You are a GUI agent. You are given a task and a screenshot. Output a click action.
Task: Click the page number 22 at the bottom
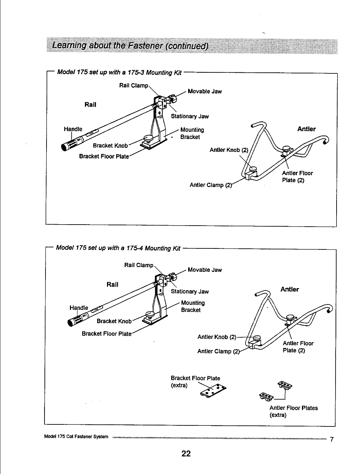[186, 454]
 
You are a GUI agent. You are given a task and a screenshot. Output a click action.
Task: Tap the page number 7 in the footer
[332, 439]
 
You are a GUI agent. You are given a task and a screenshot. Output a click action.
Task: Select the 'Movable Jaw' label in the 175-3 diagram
[204, 91]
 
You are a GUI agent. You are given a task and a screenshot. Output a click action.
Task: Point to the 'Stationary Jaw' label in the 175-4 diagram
[190, 292]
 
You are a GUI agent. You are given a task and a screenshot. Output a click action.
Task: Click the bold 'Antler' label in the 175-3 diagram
[306, 129]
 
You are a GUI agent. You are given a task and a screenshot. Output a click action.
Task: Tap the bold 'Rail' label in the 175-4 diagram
[112, 284]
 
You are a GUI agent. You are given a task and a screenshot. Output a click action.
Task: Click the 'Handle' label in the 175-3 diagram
[73, 129]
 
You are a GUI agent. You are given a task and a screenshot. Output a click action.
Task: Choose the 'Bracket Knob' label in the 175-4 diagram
[114, 321]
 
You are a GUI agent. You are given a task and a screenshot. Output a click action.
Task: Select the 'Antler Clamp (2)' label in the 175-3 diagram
[211, 185]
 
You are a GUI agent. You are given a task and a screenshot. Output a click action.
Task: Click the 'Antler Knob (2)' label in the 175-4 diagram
[217, 337]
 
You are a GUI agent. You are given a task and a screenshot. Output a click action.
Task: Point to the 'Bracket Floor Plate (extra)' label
[195, 382]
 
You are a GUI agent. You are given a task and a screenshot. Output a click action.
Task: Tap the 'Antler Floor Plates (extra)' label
[293, 411]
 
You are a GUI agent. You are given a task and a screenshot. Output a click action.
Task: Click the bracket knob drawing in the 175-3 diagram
[148, 139]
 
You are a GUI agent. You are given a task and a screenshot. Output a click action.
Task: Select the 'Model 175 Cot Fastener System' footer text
[76, 437]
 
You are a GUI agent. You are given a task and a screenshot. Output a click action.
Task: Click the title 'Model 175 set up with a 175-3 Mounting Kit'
[119, 72]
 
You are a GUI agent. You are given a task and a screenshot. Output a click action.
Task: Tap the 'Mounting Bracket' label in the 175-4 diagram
[193, 306]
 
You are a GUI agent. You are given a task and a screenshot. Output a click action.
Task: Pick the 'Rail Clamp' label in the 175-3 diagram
[133, 85]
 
